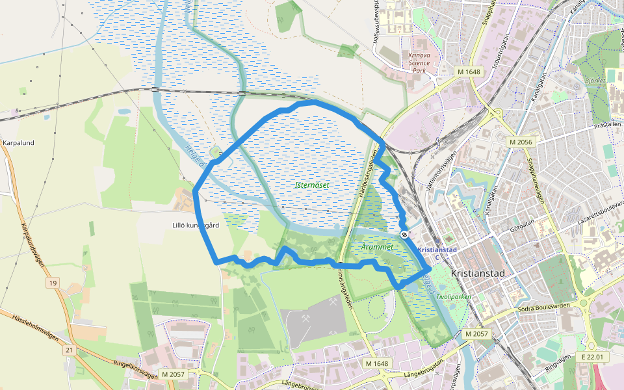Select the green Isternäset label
pos(312,185)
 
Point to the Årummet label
pos(376,248)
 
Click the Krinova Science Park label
pos(419,62)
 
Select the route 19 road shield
pos(53,283)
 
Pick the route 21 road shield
pos(70,350)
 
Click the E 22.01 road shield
pos(593,357)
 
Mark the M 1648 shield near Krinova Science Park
pos(468,71)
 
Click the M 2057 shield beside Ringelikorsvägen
pos(174,374)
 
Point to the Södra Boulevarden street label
pos(544,308)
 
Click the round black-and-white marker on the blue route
pos(405,234)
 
